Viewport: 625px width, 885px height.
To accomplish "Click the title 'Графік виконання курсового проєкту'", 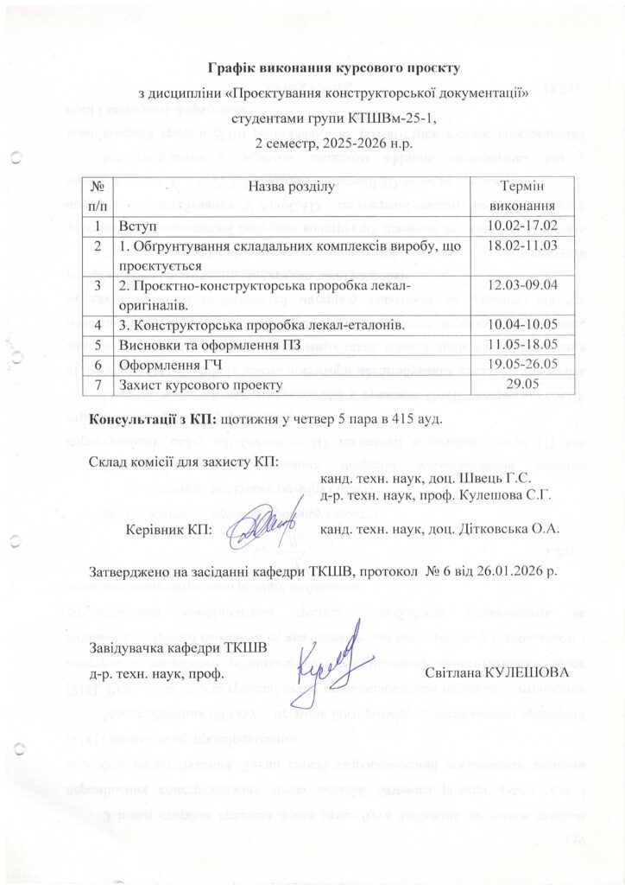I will coord(336,67).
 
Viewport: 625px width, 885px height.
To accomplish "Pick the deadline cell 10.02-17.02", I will coord(518,226).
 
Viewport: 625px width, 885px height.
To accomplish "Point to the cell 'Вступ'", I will coord(140,226).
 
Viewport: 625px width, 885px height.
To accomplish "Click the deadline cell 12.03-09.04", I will coord(518,285).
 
